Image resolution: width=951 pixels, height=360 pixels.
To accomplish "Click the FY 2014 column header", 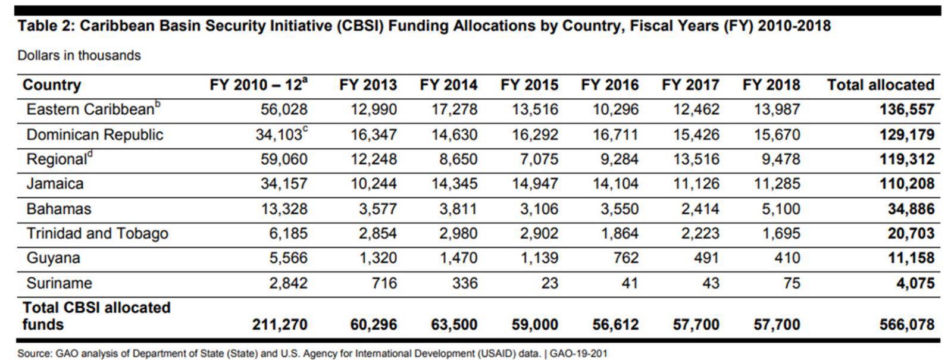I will (448, 85).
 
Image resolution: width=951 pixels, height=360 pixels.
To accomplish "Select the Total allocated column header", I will (880, 85).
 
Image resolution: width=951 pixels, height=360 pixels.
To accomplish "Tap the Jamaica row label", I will (55, 184).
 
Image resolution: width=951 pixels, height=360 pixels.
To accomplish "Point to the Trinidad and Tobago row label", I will (97, 233).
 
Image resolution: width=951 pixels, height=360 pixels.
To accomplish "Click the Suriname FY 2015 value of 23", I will (549, 283).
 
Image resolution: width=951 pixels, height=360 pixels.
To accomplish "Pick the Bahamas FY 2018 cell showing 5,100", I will (781, 209).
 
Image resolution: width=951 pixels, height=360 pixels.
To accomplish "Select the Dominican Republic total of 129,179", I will (906, 134).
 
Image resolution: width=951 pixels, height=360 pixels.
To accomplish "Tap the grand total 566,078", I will (906, 325).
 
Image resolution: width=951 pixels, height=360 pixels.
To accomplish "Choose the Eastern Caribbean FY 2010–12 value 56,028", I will (284, 109).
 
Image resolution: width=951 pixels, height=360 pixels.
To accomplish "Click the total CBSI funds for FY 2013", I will (373, 325).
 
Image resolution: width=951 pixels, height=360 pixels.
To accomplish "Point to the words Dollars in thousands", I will (79, 55).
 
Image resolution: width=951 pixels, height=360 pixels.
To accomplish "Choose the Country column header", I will (51, 85).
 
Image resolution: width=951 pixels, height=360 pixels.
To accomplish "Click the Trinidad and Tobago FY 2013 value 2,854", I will (377, 233).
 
